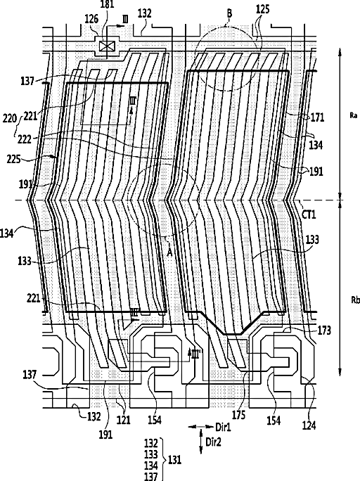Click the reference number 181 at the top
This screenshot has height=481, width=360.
(x=107, y=5)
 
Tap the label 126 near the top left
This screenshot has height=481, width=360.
(x=91, y=19)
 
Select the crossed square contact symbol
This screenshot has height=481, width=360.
(x=107, y=46)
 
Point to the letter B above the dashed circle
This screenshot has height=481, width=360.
(x=229, y=13)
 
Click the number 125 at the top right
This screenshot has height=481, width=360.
(x=263, y=9)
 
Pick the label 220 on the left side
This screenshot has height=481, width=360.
(x=10, y=118)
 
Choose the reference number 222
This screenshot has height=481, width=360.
(x=25, y=139)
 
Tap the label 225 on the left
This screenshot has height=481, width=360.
(x=13, y=159)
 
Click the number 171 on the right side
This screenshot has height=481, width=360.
(x=317, y=117)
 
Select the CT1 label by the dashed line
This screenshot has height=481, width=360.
(x=309, y=214)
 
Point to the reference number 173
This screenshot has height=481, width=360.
(x=324, y=331)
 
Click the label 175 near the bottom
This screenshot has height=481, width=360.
(x=239, y=415)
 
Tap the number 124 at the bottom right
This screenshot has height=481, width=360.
(x=309, y=425)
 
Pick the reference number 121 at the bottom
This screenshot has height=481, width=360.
(x=123, y=420)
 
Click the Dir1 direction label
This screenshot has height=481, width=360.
(x=223, y=427)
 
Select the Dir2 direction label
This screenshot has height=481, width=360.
(x=213, y=442)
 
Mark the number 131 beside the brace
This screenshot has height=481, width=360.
(x=175, y=460)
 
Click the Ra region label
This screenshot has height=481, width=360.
(x=353, y=115)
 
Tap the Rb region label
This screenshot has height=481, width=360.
(x=355, y=300)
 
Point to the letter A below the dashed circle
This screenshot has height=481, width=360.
(x=169, y=252)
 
